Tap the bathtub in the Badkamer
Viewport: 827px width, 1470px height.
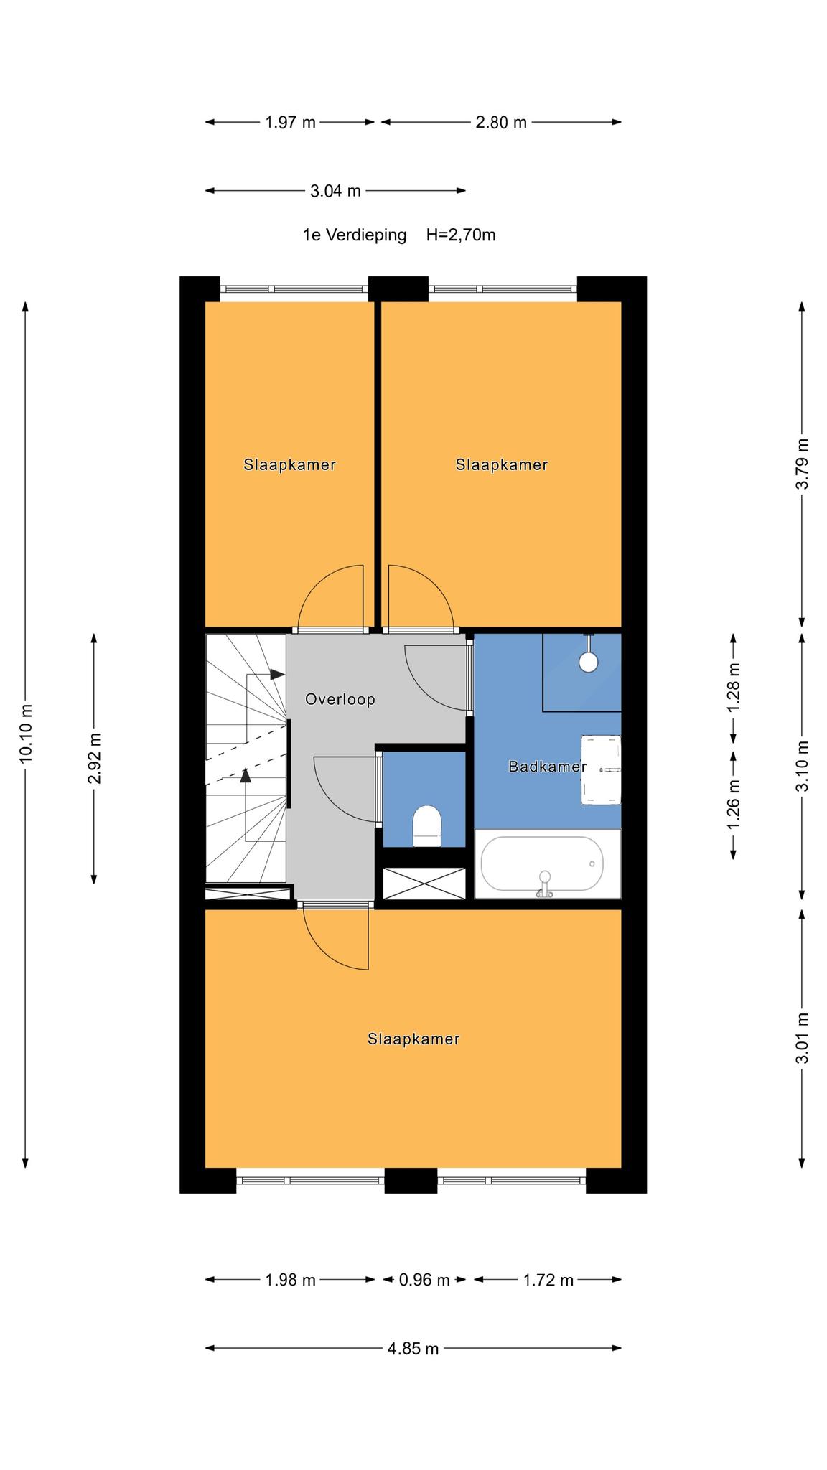point(548,863)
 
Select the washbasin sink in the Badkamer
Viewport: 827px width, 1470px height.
point(601,769)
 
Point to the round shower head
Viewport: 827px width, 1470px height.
point(589,662)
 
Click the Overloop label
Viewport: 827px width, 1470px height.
point(340,699)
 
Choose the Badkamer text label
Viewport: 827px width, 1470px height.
point(548,767)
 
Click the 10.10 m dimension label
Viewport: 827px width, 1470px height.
point(26,734)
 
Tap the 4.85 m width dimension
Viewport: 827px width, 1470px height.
point(413,1348)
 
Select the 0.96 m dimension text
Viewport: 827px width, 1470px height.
point(424,1279)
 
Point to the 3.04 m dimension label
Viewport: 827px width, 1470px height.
point(335,191)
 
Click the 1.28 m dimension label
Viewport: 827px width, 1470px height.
point(734,688)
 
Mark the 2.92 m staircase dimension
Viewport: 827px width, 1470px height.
point(94,759)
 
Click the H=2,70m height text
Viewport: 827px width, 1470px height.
point(461,235)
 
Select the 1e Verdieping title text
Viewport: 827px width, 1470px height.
point(355,235)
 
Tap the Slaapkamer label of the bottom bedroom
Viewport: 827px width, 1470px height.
point(413,1039)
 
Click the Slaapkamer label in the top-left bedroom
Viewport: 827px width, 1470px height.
point(289,464)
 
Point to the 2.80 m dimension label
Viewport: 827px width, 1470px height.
point(501,122)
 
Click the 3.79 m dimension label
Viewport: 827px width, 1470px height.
point(803,464)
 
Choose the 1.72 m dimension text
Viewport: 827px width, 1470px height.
point(548,1279)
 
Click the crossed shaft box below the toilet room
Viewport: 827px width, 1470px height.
point(424,882)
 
